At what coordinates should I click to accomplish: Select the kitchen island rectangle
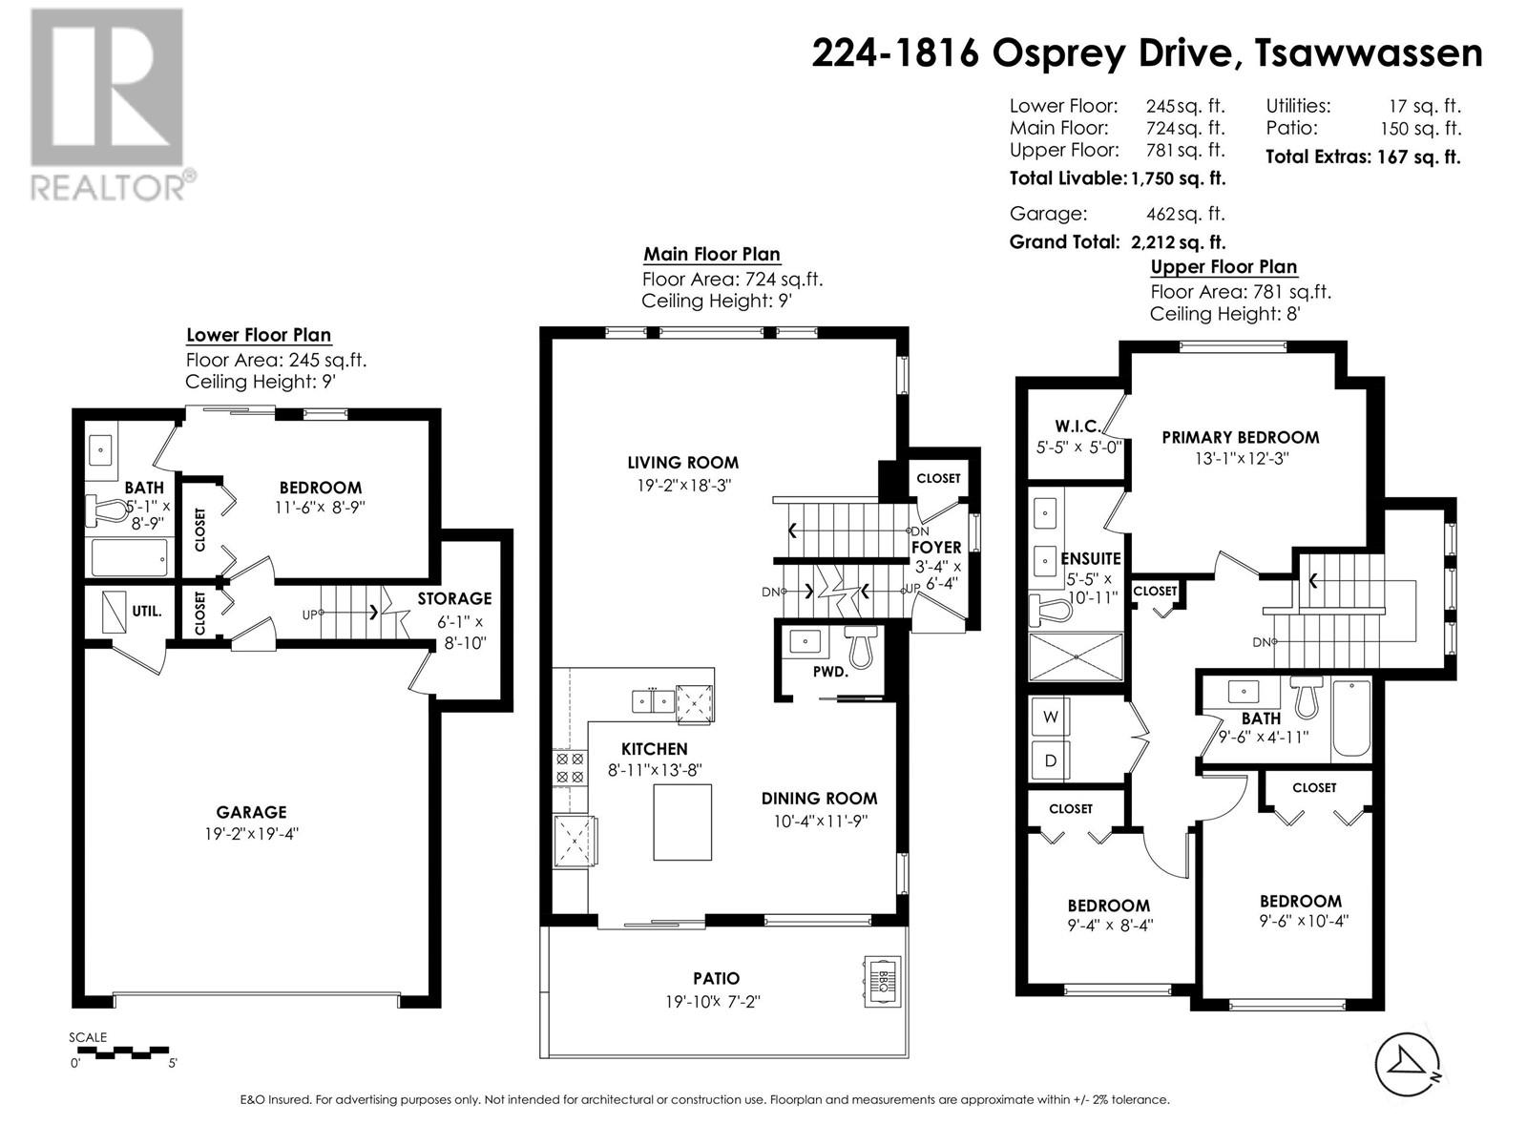point(681,822)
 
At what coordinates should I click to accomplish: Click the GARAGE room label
point(251,812)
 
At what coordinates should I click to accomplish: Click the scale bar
point(119,1052)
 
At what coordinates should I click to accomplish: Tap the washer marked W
point(1050,718)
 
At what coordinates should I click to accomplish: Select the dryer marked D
point(1050,760)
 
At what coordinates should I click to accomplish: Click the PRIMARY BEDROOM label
point(1240,437)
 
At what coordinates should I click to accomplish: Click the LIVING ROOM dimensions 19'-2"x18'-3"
point(683,486)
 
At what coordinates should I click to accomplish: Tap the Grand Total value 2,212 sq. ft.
point(1178,242)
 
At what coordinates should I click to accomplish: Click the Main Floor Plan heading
point(711,254)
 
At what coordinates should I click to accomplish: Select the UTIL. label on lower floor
point(147,612)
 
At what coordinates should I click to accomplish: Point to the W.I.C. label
point(1077,426)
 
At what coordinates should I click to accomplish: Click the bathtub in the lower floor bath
point(130,557)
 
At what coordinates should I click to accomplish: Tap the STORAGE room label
point(454,598)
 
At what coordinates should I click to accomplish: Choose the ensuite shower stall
point(1076,656)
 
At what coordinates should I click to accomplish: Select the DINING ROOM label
point(819,798)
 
